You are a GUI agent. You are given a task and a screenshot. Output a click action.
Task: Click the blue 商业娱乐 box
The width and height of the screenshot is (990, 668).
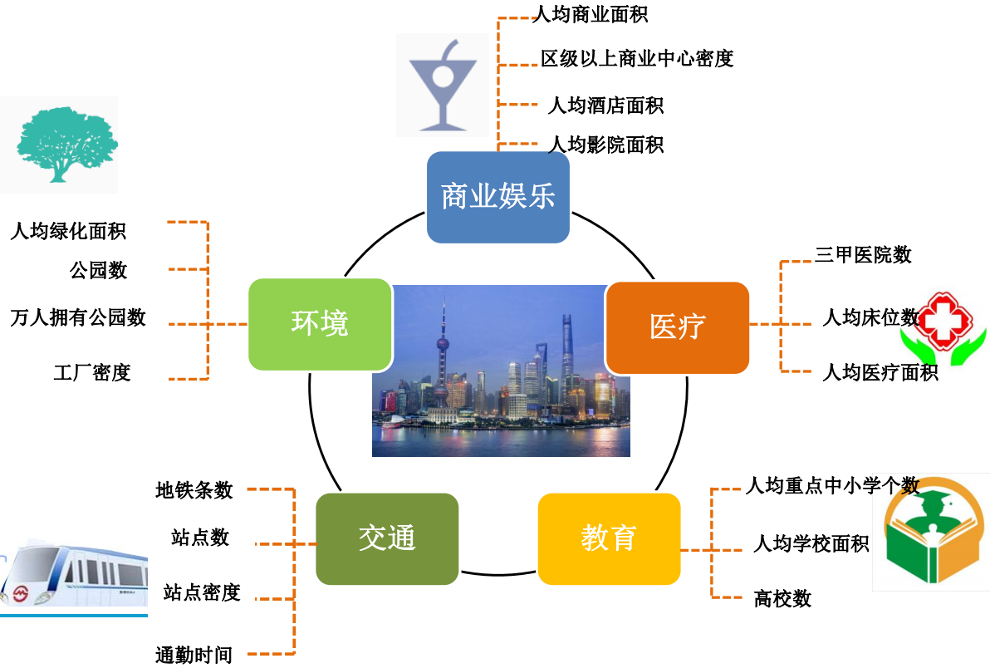pyautogui.click(x=498, y=197)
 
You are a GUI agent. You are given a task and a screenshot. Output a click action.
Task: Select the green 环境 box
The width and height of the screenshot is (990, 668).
pyautogui.click(x=320, y=324)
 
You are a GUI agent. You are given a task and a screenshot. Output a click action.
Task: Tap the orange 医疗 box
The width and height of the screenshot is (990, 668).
pyautogui.click(x=677, y=327)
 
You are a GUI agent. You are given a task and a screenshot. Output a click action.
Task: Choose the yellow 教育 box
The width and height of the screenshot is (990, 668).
pyautogui.click(x=609, y=538)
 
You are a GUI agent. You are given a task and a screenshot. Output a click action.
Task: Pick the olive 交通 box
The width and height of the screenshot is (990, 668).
pyautogui.click(x=387, y=538)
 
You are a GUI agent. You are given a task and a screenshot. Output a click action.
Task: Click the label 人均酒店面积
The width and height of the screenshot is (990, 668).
pyautogui.click(x=605, y=106)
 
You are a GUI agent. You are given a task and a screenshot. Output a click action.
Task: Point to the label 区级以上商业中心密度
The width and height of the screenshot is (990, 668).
pyautogui.click(x=637, y=58)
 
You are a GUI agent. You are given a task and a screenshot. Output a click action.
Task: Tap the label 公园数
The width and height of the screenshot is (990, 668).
pyautogui.click(x=99, y=269)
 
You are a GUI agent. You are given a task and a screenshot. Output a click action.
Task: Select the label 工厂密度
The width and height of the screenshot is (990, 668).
pyautogui.click(x=92, y=372)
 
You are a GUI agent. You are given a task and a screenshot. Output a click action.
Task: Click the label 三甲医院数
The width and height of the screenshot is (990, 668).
pyautogui.click(x=863, y=255)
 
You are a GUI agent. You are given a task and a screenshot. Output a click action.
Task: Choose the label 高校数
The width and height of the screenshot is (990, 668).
pyautogui.click(x=782, y=598)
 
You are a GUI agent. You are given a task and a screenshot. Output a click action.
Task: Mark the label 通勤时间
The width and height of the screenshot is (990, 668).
pyautogui.click(x=194, y=655)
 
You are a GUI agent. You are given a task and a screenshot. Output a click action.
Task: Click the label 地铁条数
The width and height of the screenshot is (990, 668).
pyautogui.click(x=194, y=490)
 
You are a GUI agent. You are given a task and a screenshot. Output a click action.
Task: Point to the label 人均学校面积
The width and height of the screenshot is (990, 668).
pyautogui.click(x=811, y=544)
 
